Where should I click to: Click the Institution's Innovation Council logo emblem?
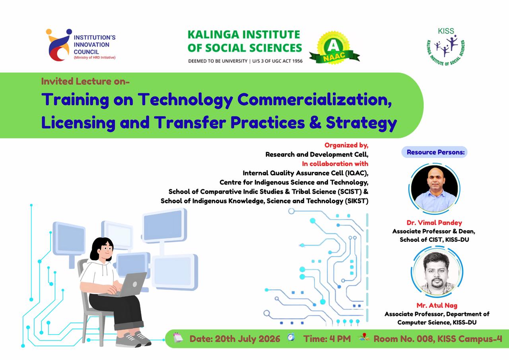click(x=58, y=45)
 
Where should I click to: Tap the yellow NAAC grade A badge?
click(x=334, y=48)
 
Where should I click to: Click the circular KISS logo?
click(x=446, y=47)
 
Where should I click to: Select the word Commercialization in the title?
click(x=315, y=100)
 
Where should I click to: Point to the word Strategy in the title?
click(x=361, y=123)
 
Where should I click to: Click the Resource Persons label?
click(x=435, y=152)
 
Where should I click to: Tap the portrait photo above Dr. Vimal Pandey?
click(x=434, y=189)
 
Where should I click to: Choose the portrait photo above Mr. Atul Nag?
click(x=437, y=272)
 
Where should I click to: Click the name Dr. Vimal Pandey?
click(x=434, y=223)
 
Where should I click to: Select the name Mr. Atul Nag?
click(x=437, y=306)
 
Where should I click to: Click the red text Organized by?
click(x=346, y=145)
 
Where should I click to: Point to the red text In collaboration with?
click(x=335, y=163)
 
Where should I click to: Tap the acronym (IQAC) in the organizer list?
click(x=357, y=173)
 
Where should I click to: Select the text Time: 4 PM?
click(x=327, y=339)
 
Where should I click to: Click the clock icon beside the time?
click(x=291, y=337)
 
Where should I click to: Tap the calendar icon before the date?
click(x=178, y=337)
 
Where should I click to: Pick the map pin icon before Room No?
click(x=364, y=337)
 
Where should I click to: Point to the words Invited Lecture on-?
click(x=85, y=82)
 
